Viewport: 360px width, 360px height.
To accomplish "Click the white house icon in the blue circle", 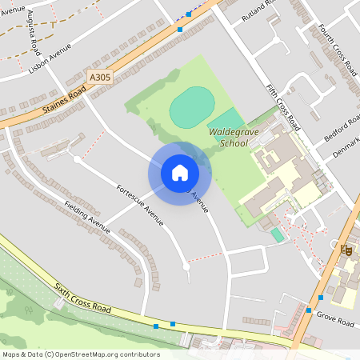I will click(x=179, y=173).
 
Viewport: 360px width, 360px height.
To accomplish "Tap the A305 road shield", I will click(x=99, y=77).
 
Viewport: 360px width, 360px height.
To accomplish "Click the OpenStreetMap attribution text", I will click(x=80, y=354).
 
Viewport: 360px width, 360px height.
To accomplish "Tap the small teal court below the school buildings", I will click(x=277, y=234).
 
